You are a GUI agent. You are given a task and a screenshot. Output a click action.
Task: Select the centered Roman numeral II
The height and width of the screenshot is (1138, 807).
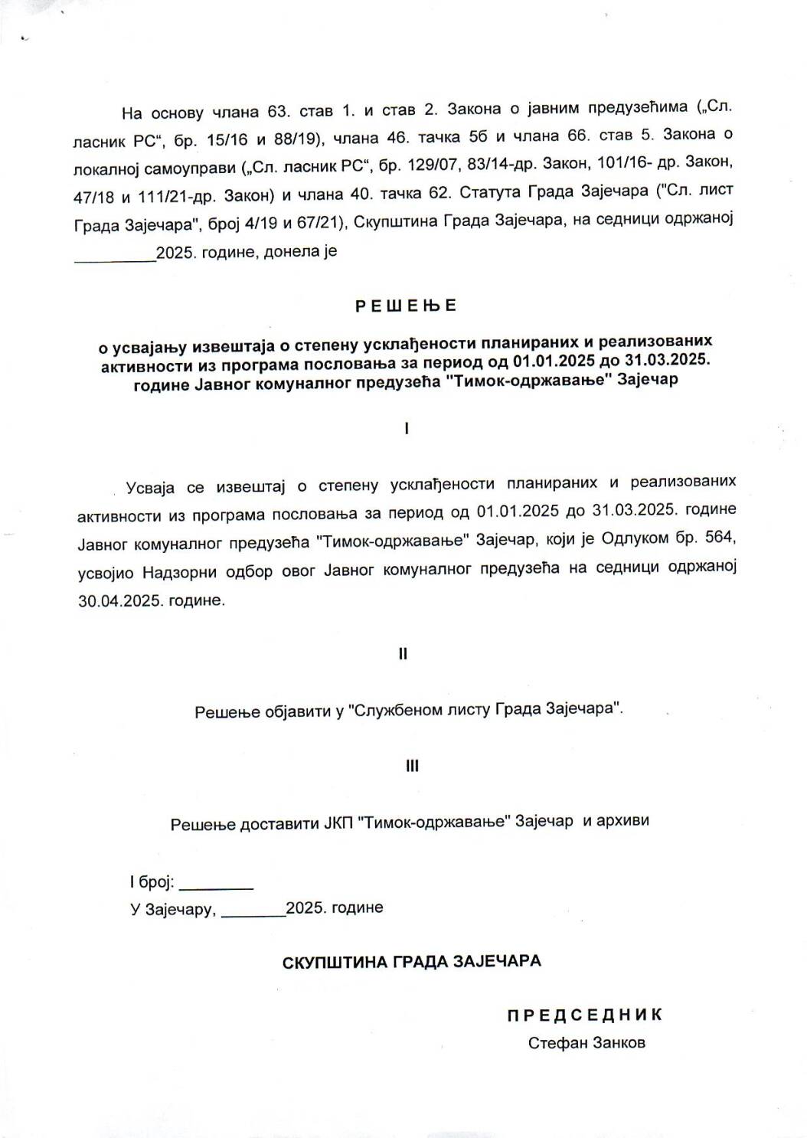(x=403, y=655)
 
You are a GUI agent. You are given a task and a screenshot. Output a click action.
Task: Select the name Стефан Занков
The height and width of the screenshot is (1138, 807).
(x=586, y=1043)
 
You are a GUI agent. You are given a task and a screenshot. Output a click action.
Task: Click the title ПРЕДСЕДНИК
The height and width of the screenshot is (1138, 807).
(x=584, y=1015)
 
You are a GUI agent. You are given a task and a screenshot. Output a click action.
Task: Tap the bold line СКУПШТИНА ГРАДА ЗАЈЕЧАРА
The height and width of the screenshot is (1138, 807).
(x=411, y=961)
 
